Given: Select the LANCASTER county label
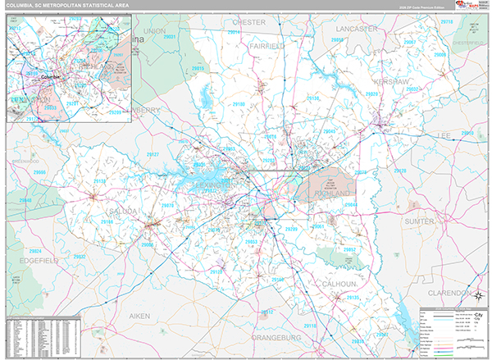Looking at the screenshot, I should (x=355, y=28).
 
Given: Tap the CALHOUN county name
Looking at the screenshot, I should (x=340, y=284).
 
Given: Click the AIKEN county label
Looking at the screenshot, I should (x=117, y=315).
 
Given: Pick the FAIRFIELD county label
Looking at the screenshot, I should (x=266, y=47).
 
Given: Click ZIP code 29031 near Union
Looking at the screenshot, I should (x=170, y=38).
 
